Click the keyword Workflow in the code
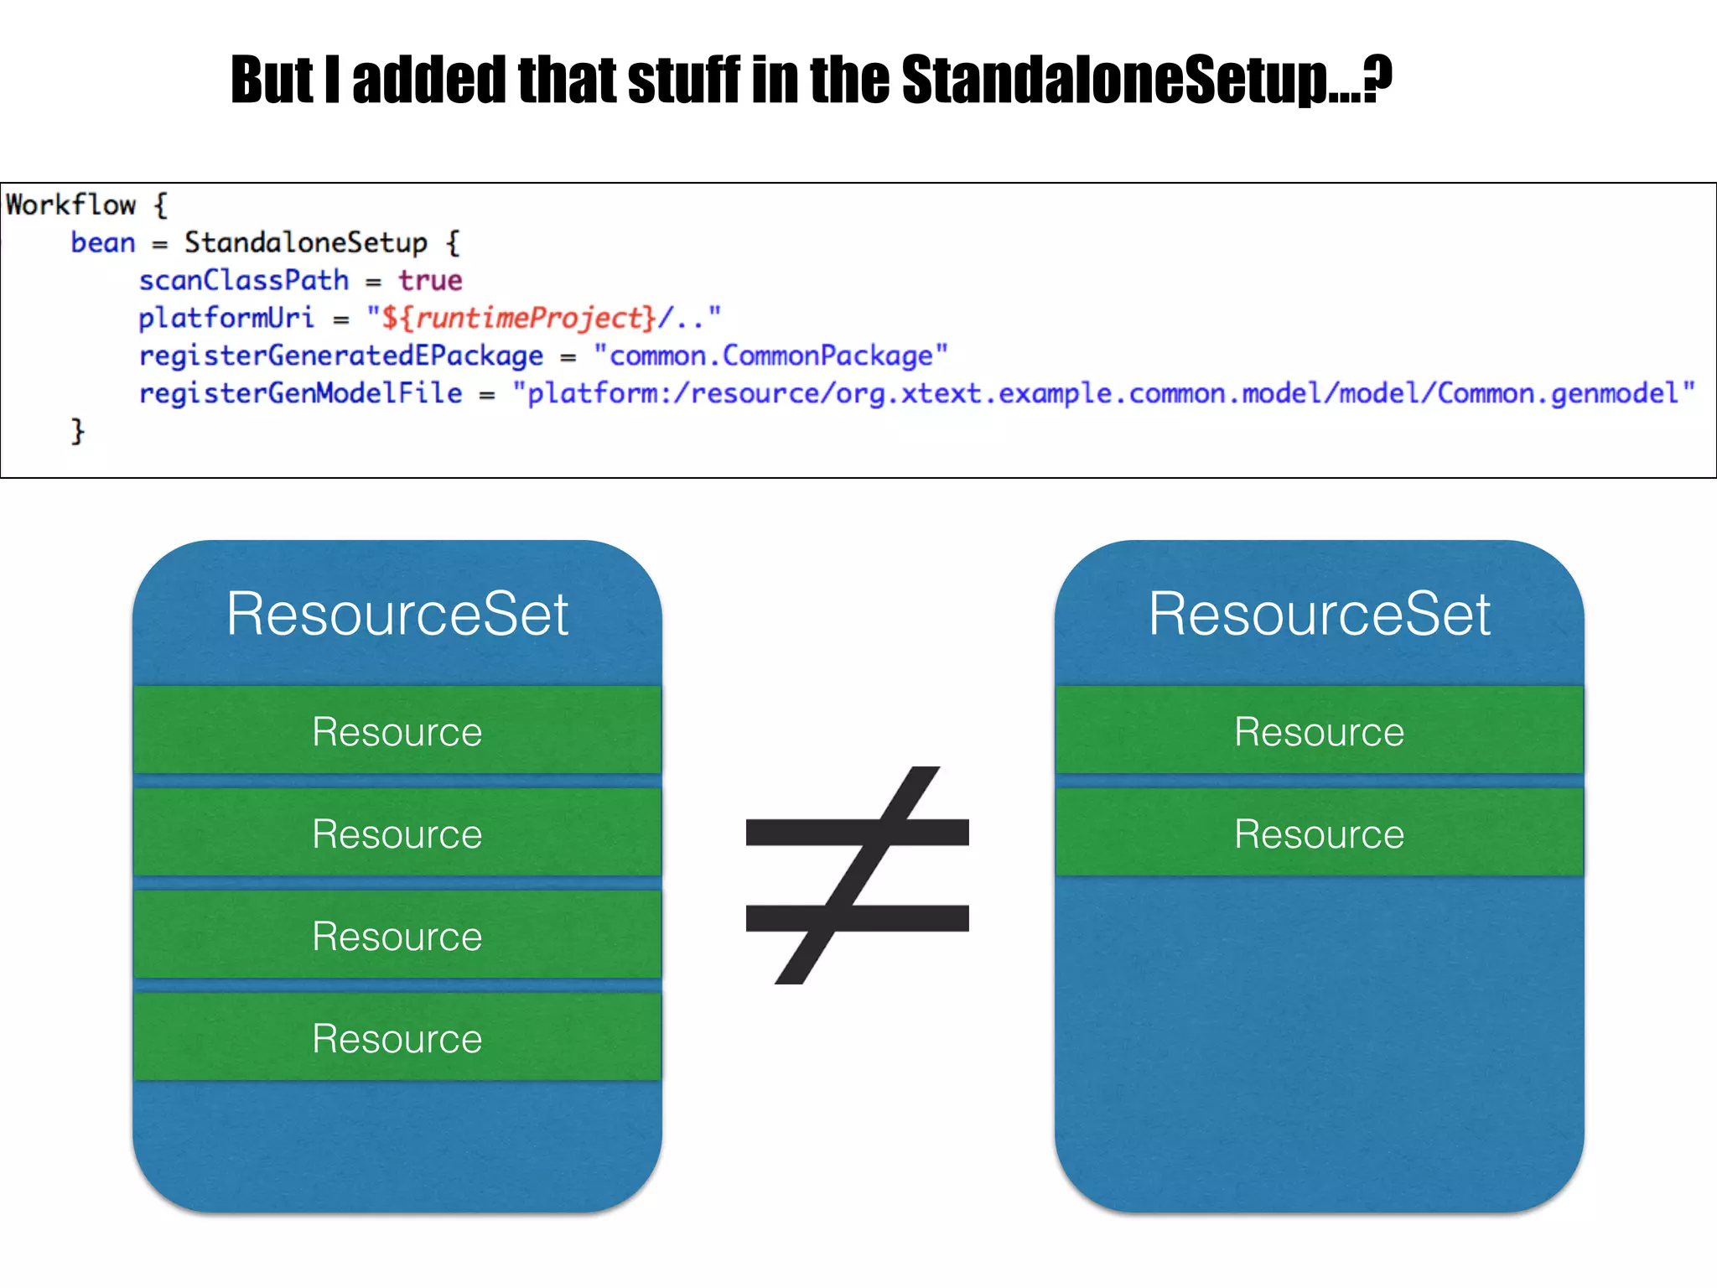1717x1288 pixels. (x=70, y=205)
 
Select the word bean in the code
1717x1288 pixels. (x=102, y=243)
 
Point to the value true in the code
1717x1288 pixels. (x=430, y=281)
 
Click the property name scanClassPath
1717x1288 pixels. (x=243, y=281)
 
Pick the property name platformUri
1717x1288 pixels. (x=226, y=319)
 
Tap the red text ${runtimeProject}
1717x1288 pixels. (x=518, y=319)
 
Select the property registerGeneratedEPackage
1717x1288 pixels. (x=340, y=356)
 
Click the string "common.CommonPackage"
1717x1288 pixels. (x=770, y=356)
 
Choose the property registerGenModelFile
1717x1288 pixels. (x=300, y=394)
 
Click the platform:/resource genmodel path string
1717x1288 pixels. (x=1103, y=394)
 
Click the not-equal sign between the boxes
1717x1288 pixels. (x=857, y=875)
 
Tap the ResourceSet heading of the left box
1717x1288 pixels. (x=397, y=614)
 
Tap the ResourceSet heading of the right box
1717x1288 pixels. (x=1319, y=614)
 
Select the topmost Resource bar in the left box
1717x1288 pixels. (x=397, y=731)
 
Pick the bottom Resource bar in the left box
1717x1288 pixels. (x=397, y=1038)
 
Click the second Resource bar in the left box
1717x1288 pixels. (x=397, y=834)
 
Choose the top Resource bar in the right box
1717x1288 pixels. (x=1319, y=731)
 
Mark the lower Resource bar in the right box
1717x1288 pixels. (x=1319, y=834)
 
